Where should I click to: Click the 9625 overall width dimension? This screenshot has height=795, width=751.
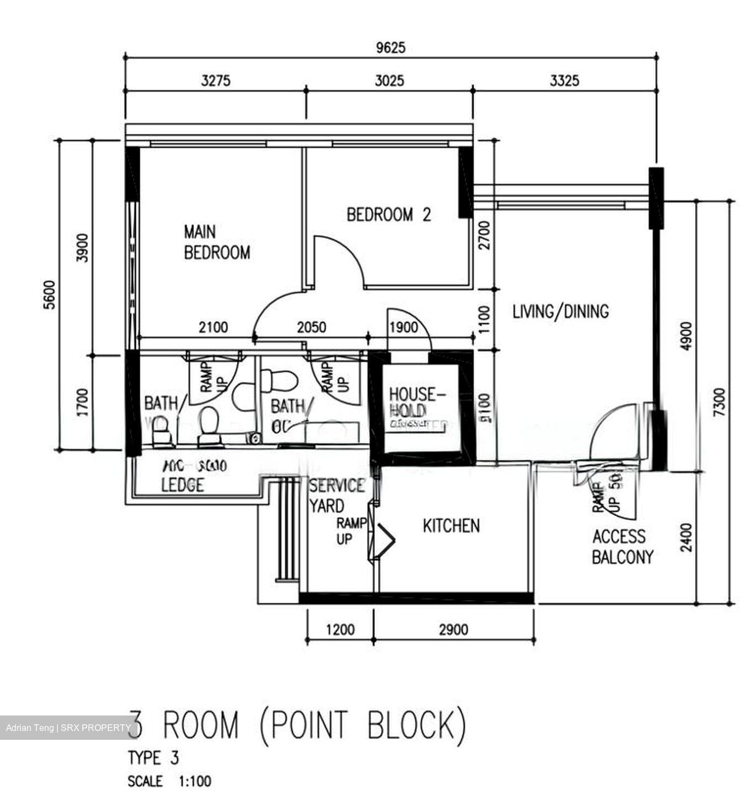[x=390, y=47]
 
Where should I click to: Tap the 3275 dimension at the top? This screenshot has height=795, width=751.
[x=215, y=81]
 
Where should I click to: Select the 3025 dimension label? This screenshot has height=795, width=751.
[x=389, y=81]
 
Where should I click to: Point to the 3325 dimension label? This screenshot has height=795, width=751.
[x=564, y=81]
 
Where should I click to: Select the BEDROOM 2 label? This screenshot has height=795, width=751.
[x=389, y=214]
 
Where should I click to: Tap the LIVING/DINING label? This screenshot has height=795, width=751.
[x=560, y=311]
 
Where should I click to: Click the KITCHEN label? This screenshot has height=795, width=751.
[x=451, y=526]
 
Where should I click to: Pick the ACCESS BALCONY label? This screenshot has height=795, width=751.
[x=622, y=547]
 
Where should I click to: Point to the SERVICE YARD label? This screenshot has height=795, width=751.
[x=336, y=496]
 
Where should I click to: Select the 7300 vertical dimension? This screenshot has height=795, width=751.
[x=718, y=402]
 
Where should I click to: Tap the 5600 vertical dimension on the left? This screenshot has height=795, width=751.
[x=50, y=295]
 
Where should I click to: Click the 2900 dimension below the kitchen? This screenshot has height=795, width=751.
[x=453, y=629]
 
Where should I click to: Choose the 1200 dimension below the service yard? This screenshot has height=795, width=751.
[x=340, y=629]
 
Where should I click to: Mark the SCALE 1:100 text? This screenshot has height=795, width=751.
[x=169, y=781]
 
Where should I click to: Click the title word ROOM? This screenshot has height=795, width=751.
[x=201, y=725]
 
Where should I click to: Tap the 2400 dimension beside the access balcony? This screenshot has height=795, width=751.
[x=686, y=537]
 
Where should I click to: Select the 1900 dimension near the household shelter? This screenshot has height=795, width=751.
[x=403, y=327]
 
